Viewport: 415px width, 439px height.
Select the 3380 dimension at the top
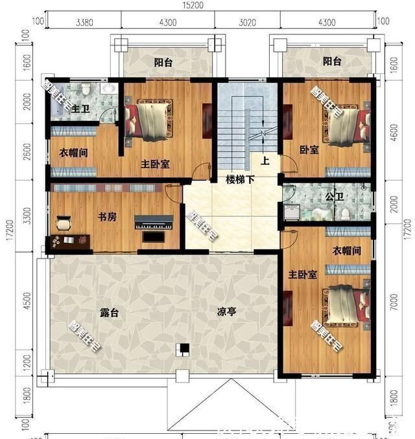84,22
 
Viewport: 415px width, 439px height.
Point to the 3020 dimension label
248,22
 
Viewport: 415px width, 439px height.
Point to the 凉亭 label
226,312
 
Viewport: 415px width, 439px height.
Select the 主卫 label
80,108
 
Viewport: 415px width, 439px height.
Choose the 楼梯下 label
239,178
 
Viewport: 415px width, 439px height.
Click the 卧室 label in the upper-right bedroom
309,150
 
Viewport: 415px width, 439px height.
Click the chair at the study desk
64,224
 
